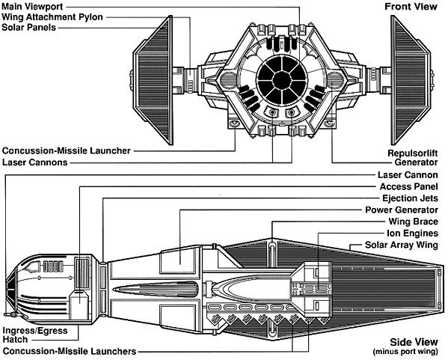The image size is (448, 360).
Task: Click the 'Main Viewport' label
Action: (32, 7)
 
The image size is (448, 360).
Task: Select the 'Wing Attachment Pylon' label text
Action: (52, 17)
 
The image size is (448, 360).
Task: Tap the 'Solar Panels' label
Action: (29, 28)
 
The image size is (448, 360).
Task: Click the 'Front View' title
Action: (411, 7)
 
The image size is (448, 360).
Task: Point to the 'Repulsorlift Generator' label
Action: (413, 158)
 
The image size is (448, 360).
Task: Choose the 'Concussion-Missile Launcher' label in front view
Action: (67, 150)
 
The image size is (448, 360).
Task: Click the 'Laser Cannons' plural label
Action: (35, 162)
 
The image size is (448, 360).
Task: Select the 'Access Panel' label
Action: (408, 186)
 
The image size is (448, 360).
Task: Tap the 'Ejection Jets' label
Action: (410, 198)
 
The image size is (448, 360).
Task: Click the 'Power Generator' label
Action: (402, 210)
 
